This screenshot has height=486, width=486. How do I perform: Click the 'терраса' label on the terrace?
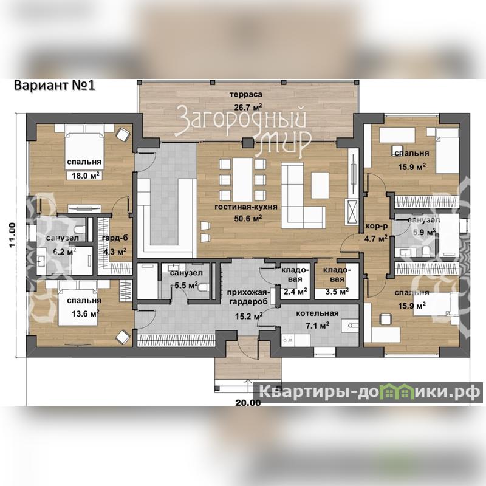(246, 94)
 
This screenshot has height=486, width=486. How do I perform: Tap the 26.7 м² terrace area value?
(248, 108)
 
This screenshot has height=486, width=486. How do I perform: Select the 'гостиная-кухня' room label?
(246, 207)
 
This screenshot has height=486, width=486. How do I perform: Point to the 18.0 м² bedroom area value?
(85, 176)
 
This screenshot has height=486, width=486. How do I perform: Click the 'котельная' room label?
(317, 313)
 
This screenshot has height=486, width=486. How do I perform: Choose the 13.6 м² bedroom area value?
(85, 313)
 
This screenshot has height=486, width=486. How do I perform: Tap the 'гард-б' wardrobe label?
(115, 238)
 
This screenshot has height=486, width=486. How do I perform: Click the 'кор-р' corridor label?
(377, 226)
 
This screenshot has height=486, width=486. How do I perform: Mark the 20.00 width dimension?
(248, 403)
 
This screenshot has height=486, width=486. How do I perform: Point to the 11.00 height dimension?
(12, 235)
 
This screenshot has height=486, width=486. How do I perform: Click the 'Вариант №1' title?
(54, 85)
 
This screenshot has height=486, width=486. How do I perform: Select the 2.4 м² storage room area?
(295, 292)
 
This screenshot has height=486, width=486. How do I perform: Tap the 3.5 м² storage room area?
(337, 292)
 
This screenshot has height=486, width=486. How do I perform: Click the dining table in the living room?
(242, 180)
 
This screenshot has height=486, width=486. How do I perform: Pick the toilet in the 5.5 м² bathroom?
(202, 287)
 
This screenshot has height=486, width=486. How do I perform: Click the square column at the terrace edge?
(248, 143)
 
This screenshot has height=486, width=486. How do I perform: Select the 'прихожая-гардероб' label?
(248, 297)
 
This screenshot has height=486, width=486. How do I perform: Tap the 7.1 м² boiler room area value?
(317, 325)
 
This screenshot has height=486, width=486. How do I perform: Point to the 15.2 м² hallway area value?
(248, 317)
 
